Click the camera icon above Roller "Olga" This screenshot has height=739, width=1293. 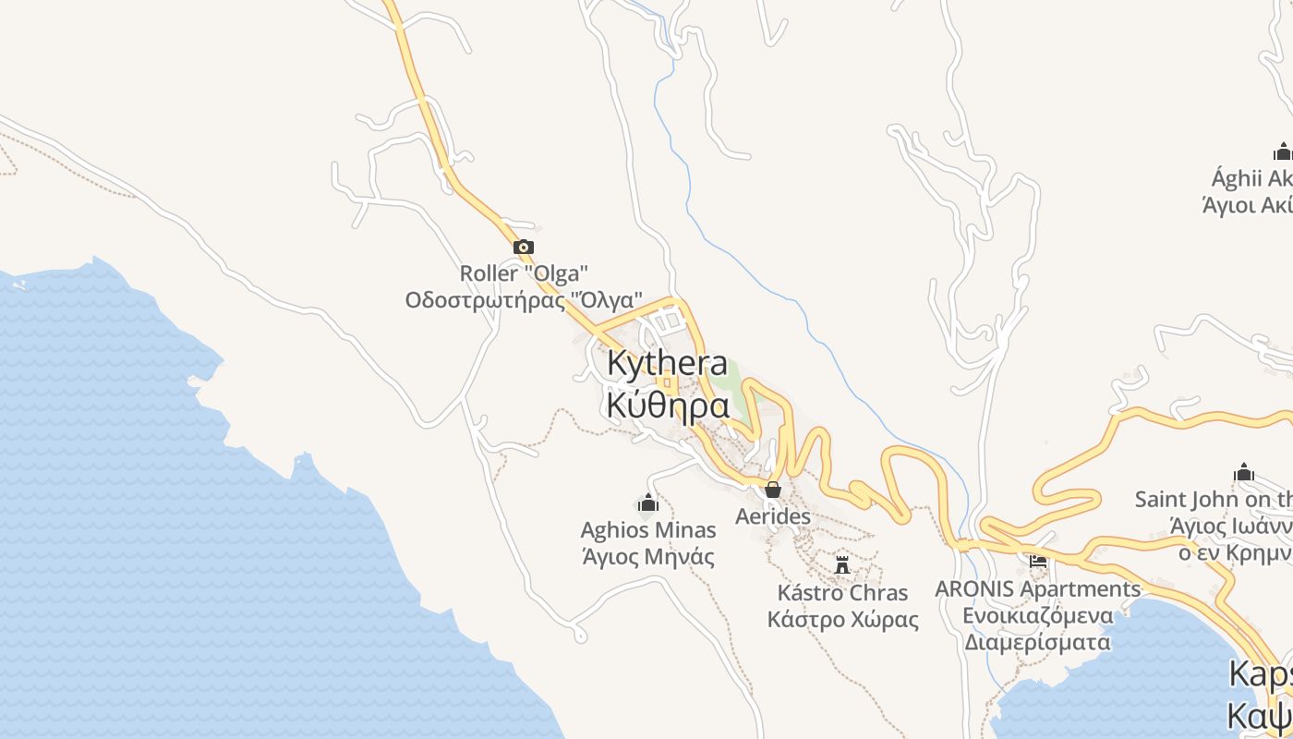pos(523,247)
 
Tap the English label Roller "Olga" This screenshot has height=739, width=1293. pos(524,273)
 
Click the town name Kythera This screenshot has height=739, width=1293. pos(667,364)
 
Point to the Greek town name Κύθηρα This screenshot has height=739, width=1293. pos(668,405)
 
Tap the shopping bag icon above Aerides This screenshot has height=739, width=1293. pos(773,490)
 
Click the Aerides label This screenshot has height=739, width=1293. pos(773,516)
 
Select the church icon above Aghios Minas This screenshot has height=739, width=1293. pos(647,503)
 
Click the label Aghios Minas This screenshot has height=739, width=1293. pos(647,530)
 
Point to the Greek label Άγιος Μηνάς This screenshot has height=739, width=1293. pos(647,556)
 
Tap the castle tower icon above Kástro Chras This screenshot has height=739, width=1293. pos(842,564)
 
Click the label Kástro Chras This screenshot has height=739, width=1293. pos(842,592)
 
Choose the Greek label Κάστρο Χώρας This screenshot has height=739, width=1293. pos(842,618)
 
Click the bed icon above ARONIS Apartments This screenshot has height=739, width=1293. pos(1038,561)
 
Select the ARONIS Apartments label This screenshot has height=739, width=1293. pos(1038,588)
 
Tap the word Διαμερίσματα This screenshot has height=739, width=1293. pos(1038,641)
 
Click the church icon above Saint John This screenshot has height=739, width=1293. pos(1244,473)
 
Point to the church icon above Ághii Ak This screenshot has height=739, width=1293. pos(1282,151)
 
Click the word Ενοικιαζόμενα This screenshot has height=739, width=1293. pos(1038,615)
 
